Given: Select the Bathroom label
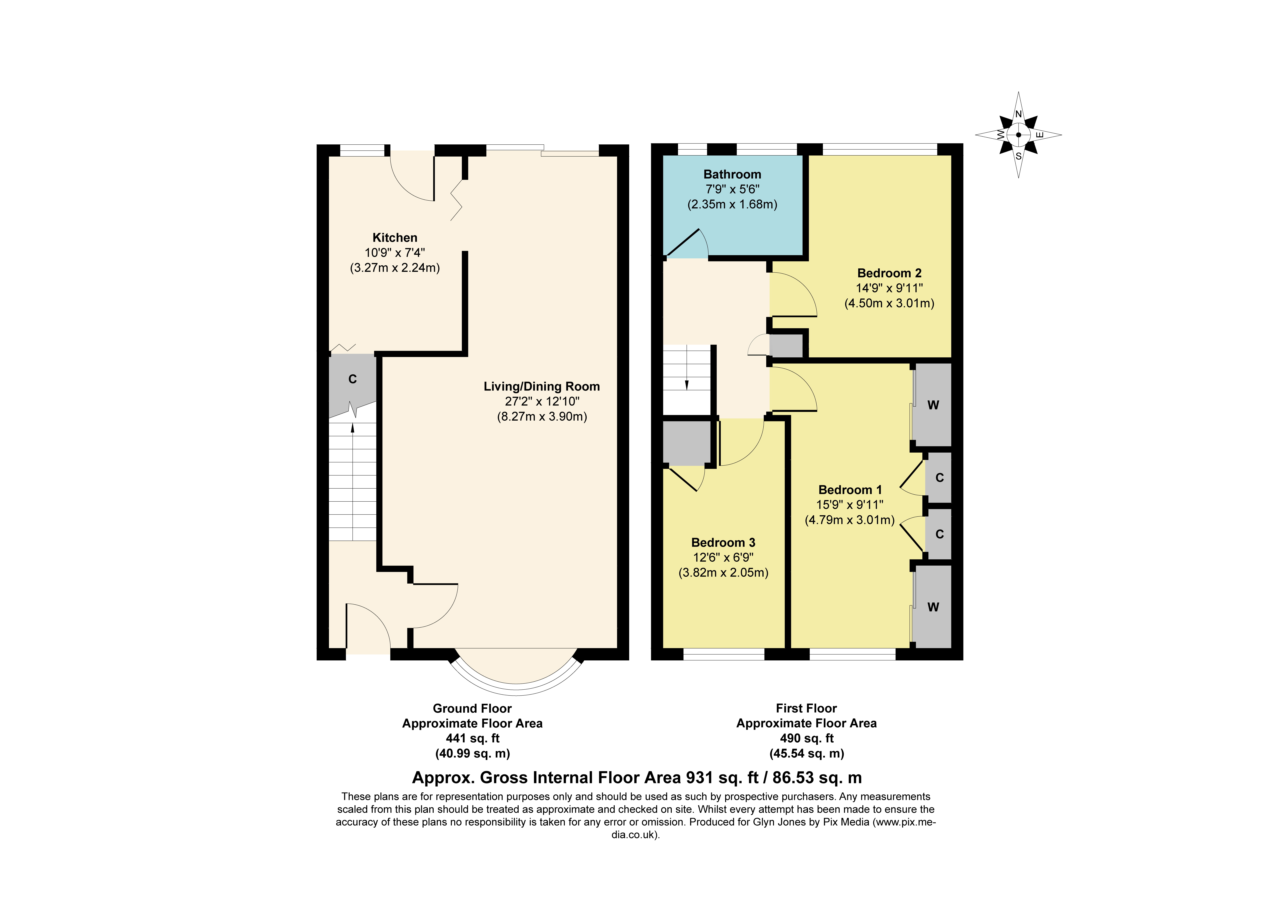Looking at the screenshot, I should (x=732, y=174).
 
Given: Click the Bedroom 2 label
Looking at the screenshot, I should (x=889, y=273).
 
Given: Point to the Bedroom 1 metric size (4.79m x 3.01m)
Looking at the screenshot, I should (x=850, y=520).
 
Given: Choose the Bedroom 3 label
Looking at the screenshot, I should (x=723, y=543).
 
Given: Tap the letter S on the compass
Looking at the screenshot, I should (x=1019, y=156).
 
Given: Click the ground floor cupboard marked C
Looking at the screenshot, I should (x=352, y=379).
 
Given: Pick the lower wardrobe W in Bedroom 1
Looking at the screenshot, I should (x=933, y=607).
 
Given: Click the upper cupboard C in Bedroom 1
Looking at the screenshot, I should (x=939, y=478).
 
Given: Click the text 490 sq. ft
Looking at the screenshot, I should (x=806, y=738).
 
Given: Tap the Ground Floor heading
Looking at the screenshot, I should (x=472, y=708).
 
